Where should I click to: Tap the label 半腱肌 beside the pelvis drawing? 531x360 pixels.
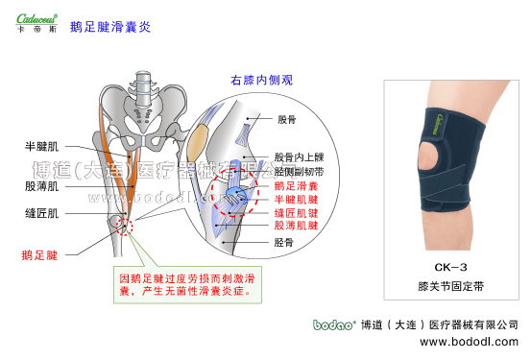(x=42, y=147)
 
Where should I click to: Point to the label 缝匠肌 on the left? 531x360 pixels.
(x=42, y=213)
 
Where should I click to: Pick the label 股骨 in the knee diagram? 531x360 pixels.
(x=287, y=120)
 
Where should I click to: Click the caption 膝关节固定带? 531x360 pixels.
(x=451, y=286)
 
